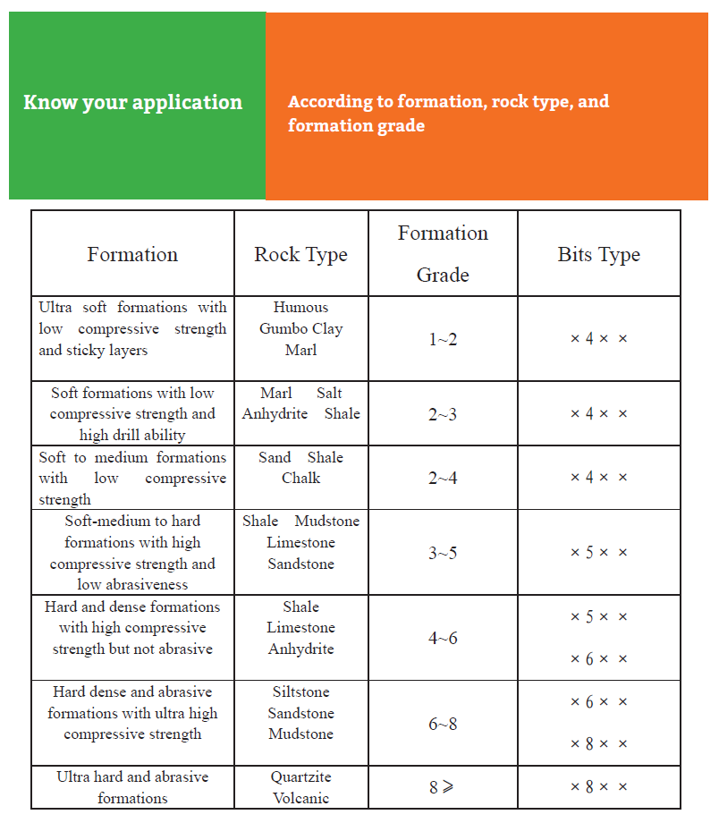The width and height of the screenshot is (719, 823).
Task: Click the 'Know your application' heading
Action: (132, 103)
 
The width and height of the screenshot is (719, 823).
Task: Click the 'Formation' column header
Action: (132, 255)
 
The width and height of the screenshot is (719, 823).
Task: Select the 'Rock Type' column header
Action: (300, 255)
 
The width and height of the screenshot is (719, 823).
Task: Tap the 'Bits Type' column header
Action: (598, 255)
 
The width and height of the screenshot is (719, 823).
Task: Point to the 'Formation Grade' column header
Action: (443, 253)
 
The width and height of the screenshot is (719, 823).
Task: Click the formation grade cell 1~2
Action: (443, 340)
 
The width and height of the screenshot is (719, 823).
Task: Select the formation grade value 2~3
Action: (443, 414)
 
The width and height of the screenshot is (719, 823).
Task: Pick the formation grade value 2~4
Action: (443, 479)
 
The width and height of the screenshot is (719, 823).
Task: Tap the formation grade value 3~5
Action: (443, 553)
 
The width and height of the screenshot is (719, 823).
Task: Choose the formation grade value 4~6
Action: (443, 639)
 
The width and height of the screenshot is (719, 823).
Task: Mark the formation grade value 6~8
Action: (443, 724)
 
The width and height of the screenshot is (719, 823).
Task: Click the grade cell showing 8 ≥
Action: (442, 788)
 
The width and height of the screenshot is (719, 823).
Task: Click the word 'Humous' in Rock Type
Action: (300, 308)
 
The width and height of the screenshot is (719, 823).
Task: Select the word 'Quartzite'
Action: (300, 777)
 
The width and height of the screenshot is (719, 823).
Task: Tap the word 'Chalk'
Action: (300, 479)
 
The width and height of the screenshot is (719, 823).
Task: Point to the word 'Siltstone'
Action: (300, 692)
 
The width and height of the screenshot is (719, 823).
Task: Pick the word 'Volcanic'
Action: (300, 799)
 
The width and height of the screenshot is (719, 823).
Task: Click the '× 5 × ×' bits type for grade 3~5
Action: (598, 553)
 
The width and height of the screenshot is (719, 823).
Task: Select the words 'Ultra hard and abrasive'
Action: (132, 777)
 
